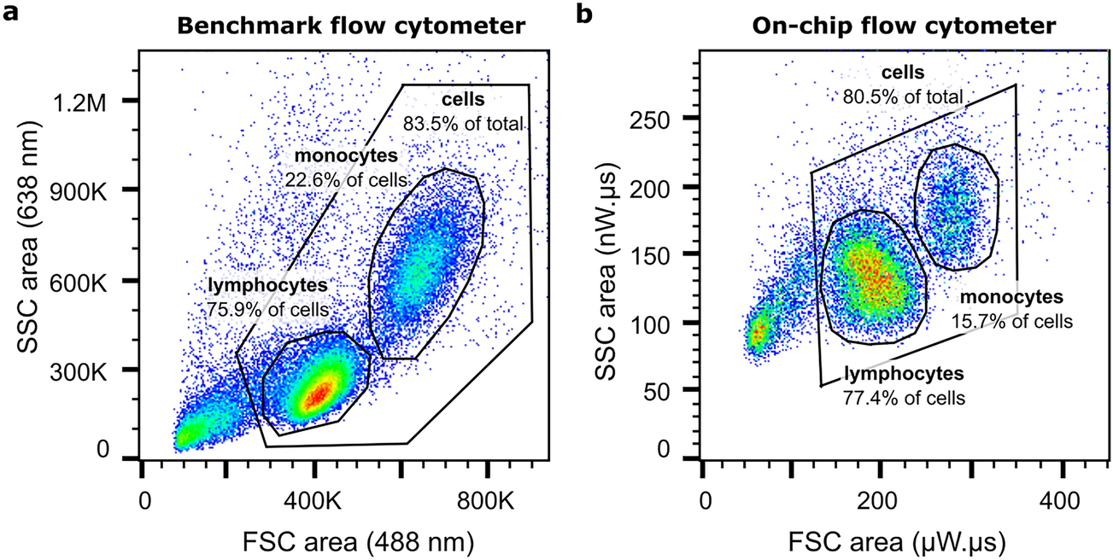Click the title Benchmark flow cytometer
click(x=351, y=26)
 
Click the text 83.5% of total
click(x=462, y=125)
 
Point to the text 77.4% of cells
click(x=905, y=397)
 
